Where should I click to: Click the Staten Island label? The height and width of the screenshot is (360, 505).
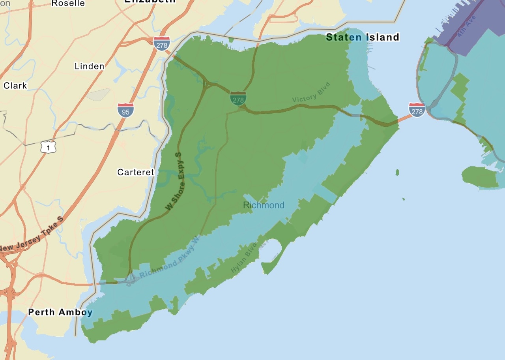point(363,37)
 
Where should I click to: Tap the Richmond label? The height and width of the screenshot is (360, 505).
point(264,205)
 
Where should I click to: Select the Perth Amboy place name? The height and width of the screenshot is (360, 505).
point(60,312)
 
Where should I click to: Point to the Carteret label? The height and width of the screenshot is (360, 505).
point(136,172)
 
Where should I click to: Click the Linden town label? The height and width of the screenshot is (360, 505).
point(90,66)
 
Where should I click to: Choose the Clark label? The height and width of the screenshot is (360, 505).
point(15,86)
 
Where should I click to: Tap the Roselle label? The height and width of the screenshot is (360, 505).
point(68,3)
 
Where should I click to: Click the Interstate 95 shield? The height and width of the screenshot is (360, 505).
point(125,111)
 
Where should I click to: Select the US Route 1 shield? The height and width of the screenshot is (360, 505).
point(48,147)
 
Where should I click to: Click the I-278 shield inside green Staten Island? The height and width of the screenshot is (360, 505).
point(238,99)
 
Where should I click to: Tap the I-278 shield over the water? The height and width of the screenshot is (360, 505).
point(417,110)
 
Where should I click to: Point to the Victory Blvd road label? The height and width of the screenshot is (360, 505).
point(311,93)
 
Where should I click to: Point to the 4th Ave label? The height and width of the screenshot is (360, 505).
point(467,26)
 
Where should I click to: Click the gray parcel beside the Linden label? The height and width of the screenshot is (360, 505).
point(98,94)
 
